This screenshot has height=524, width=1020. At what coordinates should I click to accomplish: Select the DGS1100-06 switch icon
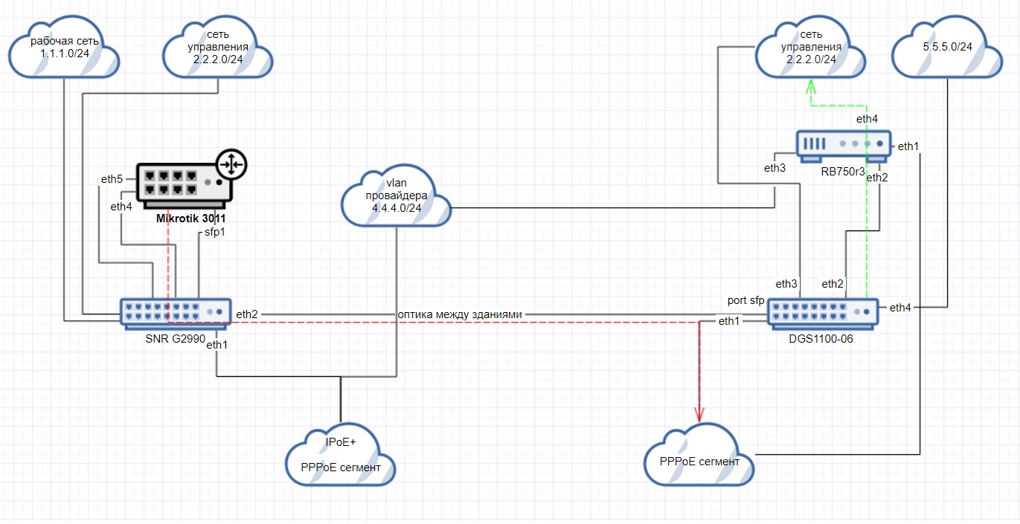pos(822,313)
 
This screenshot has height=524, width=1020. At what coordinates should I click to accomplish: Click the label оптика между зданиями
pos(460,314)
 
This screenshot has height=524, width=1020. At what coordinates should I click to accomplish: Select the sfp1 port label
pos(215,233)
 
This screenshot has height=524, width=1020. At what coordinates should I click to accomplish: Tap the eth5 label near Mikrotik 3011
pos(112,179)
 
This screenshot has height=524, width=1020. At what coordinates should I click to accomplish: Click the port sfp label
pos(746,300)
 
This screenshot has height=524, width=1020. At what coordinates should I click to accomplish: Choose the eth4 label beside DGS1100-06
pos(899,307)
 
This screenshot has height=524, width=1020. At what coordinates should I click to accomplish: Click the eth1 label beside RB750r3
pos(908,146)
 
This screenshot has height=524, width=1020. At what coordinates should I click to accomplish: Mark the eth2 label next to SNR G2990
pos(247,314)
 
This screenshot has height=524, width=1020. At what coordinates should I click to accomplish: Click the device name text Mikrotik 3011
pos(190,219)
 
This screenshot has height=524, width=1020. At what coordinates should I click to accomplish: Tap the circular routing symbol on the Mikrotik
pos(231,164)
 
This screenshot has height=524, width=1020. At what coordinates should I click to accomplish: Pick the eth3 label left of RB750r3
pos(774,168)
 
